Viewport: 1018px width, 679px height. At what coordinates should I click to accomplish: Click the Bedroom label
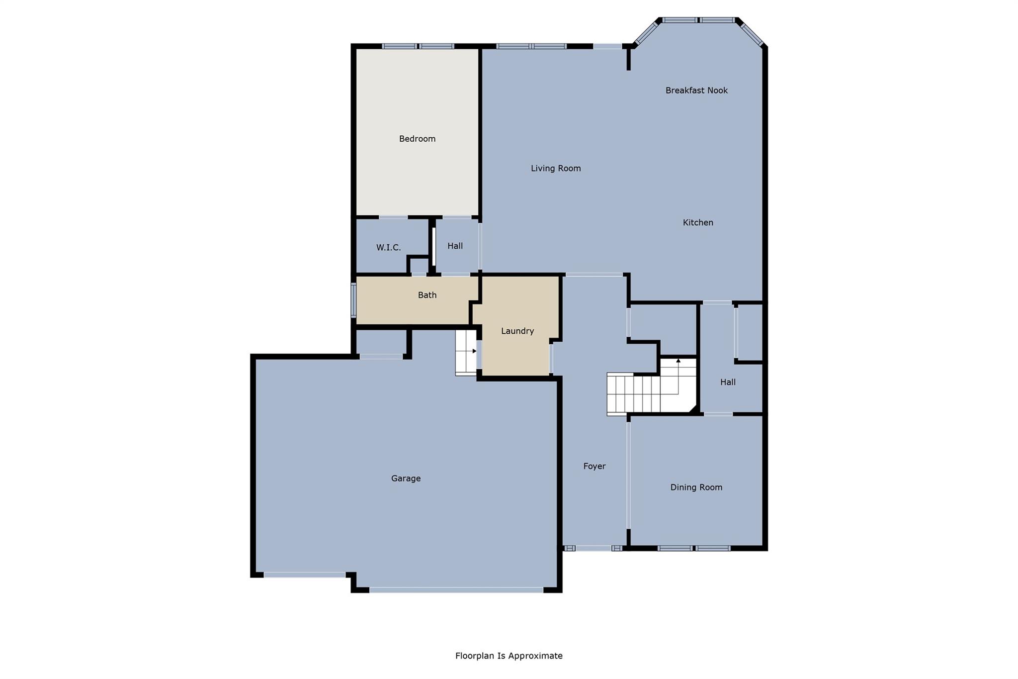point(417,139)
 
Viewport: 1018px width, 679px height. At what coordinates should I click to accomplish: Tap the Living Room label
point(556,168)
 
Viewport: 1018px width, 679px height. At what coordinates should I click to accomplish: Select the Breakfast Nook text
point(696,90)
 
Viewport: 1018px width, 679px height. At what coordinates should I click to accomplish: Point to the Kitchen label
point(698,222)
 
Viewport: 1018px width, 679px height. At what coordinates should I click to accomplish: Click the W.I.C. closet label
point(388,247)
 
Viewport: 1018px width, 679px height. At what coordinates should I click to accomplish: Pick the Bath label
point(427,295)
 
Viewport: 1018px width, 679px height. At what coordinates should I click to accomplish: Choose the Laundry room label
point(517,331)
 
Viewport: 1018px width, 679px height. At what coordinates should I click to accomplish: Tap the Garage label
point(406,478)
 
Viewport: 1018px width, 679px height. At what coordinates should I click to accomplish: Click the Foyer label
point(594,466)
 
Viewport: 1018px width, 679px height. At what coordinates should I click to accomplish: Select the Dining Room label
point(696,487)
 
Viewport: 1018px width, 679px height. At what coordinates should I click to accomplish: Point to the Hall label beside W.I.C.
point(455,246)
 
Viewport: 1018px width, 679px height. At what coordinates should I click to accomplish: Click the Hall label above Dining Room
point(728,382)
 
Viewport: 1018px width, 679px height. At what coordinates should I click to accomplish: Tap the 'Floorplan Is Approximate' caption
point(509,656)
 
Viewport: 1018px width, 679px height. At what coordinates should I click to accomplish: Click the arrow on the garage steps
point(474,351)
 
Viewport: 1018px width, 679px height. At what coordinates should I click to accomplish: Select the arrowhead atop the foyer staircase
point(679,361)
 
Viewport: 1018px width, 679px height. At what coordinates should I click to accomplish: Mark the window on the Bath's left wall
point(353,300)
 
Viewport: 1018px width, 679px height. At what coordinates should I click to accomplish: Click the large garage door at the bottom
point(456,590)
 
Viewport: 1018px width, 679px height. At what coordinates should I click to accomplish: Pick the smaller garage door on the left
point(304,575)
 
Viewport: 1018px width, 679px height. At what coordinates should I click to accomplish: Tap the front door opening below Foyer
point(594,548)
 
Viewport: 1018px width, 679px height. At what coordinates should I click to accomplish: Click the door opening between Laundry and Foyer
point(551,358)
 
